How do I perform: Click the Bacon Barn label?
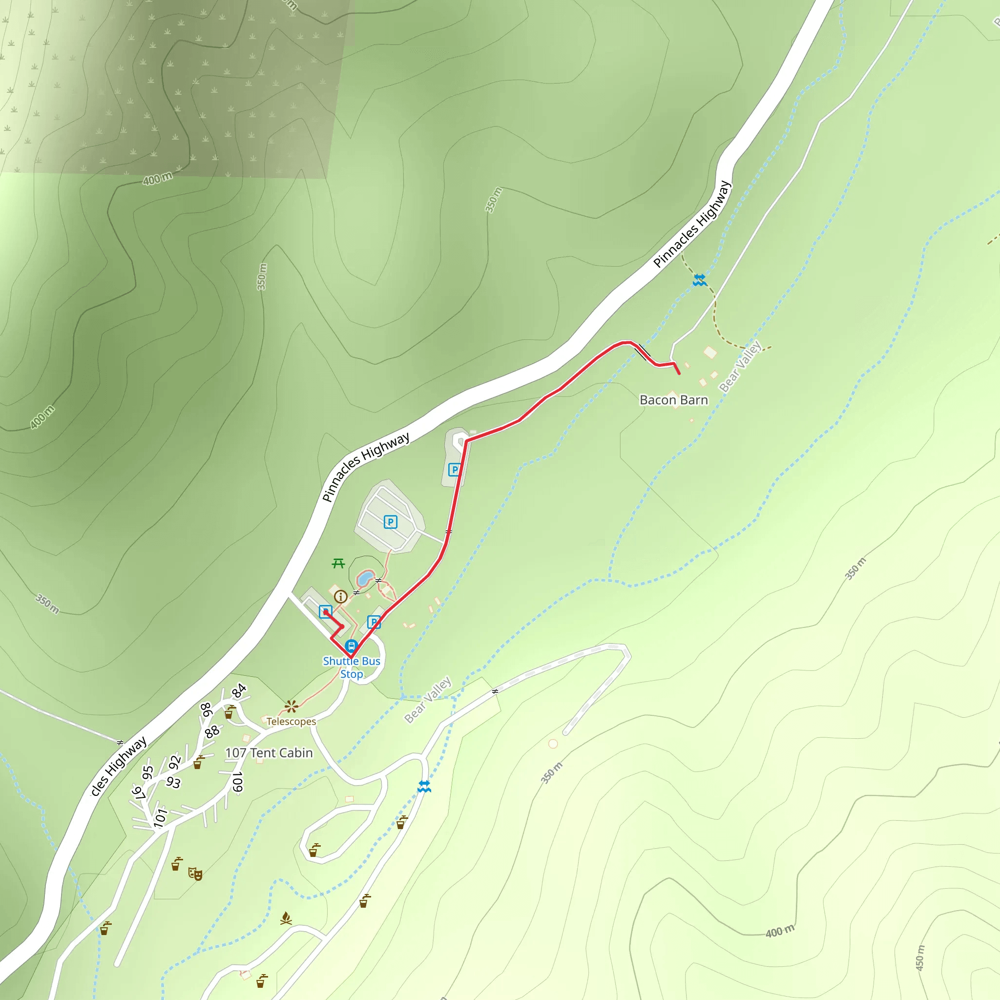click(x=673, y=400)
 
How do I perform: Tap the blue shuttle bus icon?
click(x=352, y=646)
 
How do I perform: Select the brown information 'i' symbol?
click(x=340, y=597)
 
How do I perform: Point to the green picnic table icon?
click(x=338, y=563)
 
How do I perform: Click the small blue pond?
click(x=365, y=578)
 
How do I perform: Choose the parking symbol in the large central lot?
click(x=390, y=522)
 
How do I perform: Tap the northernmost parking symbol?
click(x=455, y=469)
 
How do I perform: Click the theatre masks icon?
click(x=195, y=874)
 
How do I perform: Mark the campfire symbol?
click(x=286, y=919)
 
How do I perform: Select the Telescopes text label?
click(x=291, y=722)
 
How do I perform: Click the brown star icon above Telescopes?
click(x=292, y=706)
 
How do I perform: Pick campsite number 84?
click(x=239, y=691)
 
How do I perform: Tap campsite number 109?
click(x=237, y=782)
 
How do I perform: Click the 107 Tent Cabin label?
click(x=269, y=753)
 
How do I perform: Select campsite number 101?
click(x=161, y=817)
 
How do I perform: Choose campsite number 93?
click(x=173, y=782)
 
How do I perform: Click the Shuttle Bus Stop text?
click(x=352, y=667)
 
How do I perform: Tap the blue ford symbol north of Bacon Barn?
click(x=699, y=281)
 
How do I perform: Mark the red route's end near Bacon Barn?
click(x=679, y=373)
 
